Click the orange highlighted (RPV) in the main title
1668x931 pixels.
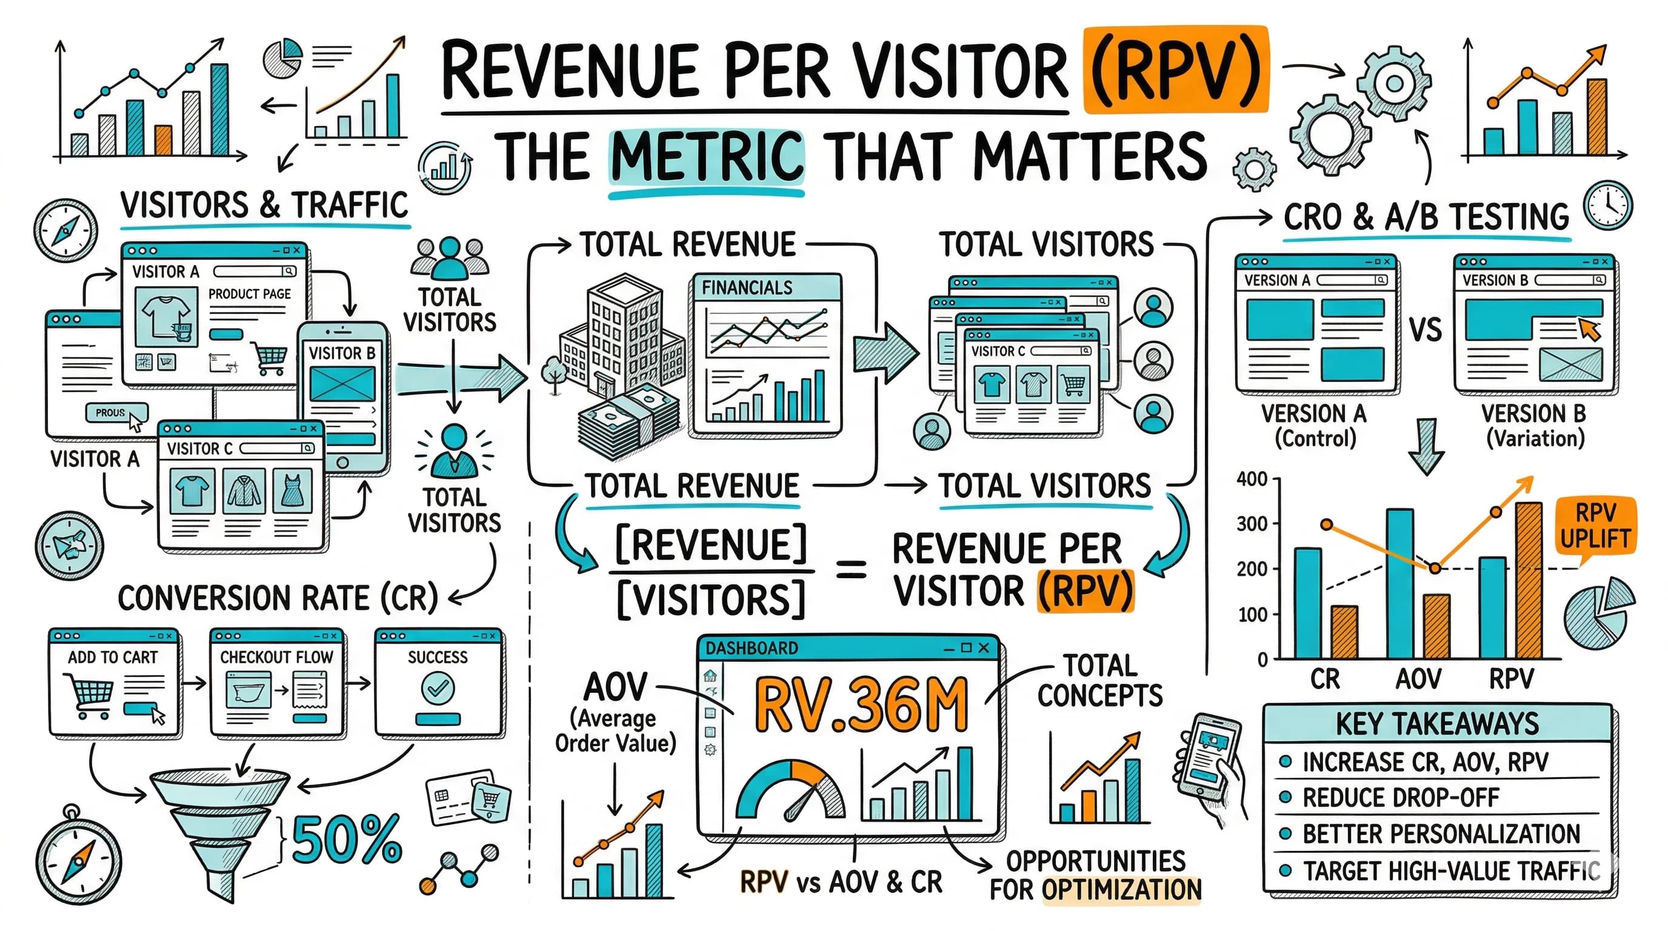click(1175, 69)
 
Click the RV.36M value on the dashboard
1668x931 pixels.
click(861, 706)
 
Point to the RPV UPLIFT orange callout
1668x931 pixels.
click(1595, 526)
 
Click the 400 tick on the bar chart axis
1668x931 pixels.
click(1252, 479)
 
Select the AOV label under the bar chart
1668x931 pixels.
click(1418, 678)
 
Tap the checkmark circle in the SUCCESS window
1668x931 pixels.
click(438, 687)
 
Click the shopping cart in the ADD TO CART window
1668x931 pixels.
click(88, 695)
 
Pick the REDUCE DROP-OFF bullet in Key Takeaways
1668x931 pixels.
click(1400, 797)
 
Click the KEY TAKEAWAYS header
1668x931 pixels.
click(1437, 723)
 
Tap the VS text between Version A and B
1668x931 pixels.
click(1425, 330)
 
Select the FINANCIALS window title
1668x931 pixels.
click(747, 287)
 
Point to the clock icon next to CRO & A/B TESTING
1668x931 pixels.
click(1608, 206)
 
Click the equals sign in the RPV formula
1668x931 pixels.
click(852, 570)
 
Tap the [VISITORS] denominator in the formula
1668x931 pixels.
click(710, 599)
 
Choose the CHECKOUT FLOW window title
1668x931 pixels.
click(276, 656)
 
